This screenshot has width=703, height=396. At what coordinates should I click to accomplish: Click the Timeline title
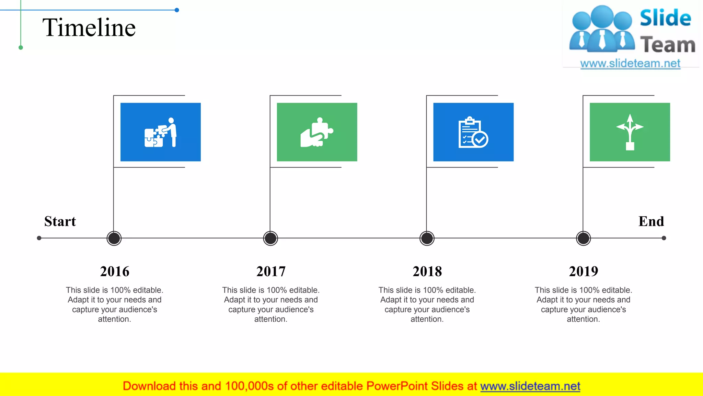coord(89,27)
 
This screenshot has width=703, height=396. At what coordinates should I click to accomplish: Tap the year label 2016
coord(115,271)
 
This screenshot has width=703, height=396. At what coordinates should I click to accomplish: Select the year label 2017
coord(271,271)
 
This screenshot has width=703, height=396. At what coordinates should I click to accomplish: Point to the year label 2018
coord(427,271)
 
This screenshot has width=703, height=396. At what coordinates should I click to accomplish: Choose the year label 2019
coord(583,271)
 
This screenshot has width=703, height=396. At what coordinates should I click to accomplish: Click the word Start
coord(60,221)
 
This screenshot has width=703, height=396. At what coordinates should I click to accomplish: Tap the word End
coord(651,221)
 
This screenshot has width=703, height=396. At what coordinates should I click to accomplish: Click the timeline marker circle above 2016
coord(114,238)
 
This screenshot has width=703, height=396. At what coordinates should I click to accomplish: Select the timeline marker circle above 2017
coord(270,238)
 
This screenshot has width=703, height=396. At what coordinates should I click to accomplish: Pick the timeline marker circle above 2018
coord(427,238)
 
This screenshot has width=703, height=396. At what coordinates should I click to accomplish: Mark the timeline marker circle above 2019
coord(583,238)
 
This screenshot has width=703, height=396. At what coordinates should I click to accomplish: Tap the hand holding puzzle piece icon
coord(317,132)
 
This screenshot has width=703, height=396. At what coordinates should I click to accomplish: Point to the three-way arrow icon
coord(630,132)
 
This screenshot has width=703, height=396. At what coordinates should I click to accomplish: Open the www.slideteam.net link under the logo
coord(630,64)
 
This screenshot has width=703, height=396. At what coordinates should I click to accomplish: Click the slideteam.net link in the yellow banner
coord(530,386)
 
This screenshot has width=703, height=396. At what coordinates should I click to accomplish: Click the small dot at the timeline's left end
coord(39,238)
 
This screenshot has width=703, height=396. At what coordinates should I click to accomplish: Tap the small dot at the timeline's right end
coord(664,238)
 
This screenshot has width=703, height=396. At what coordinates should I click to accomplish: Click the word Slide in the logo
coord(665,18)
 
